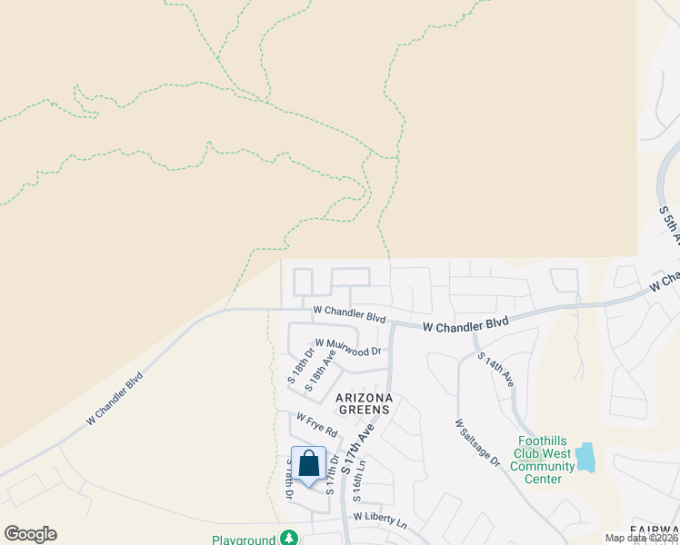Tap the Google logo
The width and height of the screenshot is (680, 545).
tap(30, 534)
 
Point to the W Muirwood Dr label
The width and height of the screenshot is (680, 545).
tap(348, 346)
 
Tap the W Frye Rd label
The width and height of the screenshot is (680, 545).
tap(316, 422)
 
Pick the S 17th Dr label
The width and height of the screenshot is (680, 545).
tap(333, 473)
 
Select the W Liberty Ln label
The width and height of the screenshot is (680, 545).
tap(380, 516)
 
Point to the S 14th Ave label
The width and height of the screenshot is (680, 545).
tap(495, 370)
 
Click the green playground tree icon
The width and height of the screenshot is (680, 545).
tap(289, 538)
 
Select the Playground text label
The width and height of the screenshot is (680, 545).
tap(244, 540)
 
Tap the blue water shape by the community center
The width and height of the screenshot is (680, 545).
tap(585, 457)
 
